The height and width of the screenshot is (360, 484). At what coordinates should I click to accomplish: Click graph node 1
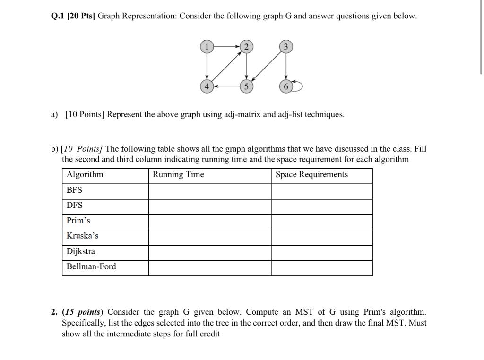[206, 46]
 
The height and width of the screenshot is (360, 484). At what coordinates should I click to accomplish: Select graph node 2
[246, 46]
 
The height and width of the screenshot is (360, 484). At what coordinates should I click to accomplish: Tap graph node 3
[285, 46]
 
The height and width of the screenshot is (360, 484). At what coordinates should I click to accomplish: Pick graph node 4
[206, 86]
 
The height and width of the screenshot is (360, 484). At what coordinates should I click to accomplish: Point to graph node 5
[246, 86]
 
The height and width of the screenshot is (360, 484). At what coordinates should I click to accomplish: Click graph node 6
[285, 86]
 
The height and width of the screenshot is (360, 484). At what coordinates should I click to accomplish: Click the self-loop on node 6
[298, 86]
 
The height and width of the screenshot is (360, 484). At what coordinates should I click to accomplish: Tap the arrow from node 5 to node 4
[226, 86]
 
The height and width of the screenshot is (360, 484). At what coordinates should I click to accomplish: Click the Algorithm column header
[85, 175]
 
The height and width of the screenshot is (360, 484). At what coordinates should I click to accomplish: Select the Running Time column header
[178, 175]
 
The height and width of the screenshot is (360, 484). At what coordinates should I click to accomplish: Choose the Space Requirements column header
[311, 175]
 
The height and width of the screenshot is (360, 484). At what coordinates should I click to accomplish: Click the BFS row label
[74, 190]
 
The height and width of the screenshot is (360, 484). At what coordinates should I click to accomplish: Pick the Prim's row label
[78, 221]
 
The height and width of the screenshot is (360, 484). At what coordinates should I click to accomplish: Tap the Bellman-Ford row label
[91, 266]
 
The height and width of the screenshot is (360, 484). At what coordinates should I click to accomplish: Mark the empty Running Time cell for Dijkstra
[209, 251]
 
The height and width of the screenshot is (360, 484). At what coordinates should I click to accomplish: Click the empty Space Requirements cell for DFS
[321, 206]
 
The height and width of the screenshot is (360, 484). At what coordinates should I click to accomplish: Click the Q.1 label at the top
[58, 16]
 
